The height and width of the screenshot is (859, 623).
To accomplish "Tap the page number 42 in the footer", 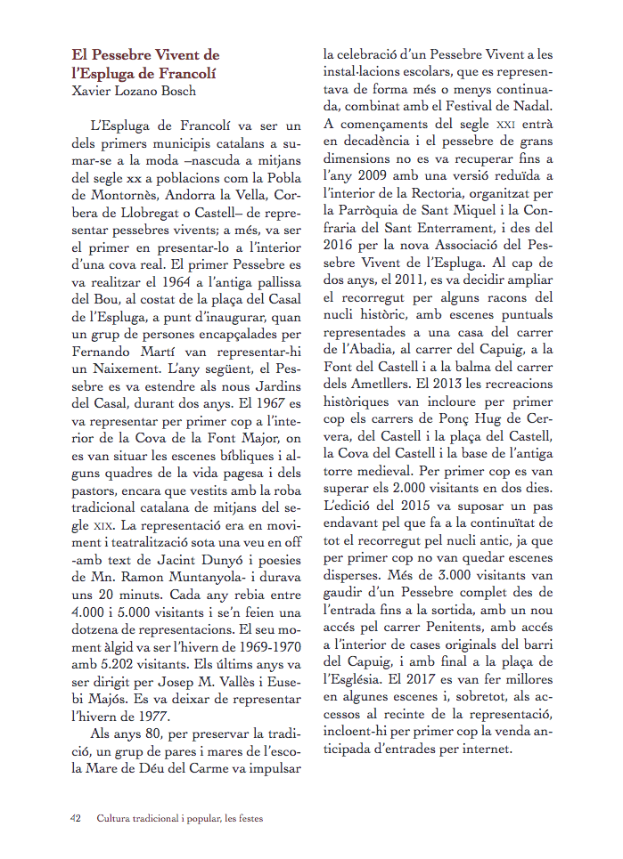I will (x=77, y=817).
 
